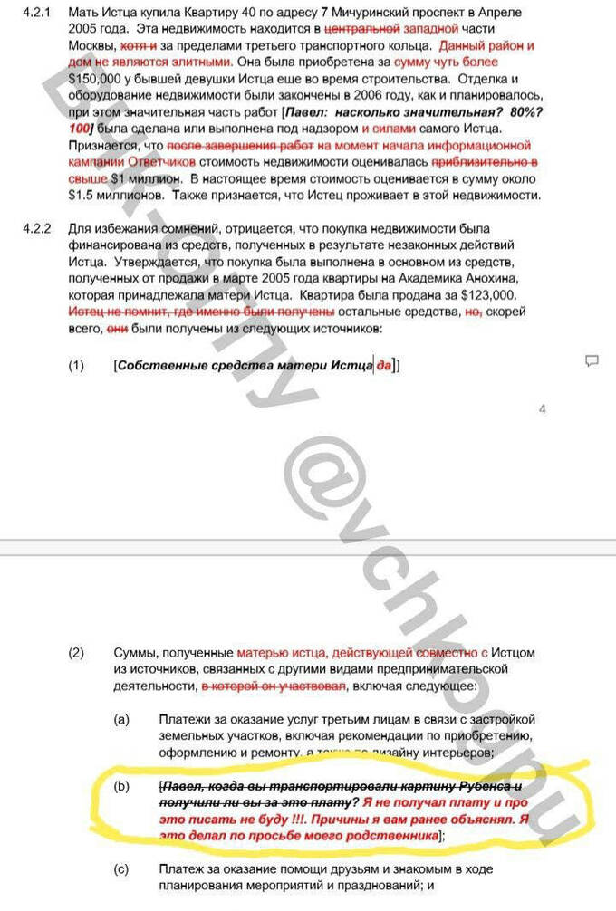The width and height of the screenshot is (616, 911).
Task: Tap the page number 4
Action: pyautogui.click(x=543, y=409)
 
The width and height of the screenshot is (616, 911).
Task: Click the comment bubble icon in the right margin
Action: pyautogui.click(x=592, y=360)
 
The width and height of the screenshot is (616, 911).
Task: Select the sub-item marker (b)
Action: pyautogui.click(x=121, y=786)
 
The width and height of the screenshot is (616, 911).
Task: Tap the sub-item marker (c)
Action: pyautogui.click(x=121, y=869)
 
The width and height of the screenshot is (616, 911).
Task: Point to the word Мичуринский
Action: pyautogui.click(x=292, y=14)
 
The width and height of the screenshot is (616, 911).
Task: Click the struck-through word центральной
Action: pyautogui.click(x=352, y=30)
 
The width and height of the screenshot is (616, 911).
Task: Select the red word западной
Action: pyautogui.click(x=422, y=30)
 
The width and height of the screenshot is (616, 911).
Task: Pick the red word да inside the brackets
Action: pyautogui.click(x=386, y=365)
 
